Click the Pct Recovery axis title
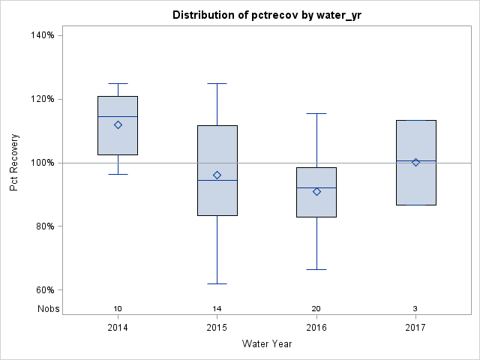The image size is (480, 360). tap(15, 163)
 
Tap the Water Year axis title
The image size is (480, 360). tap(267, 344)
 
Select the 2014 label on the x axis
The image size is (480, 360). tap(118, 328)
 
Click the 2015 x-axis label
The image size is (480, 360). tap(217, 328)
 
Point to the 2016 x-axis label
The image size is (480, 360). tap(316, 328)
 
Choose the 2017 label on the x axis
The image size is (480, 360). tap(415, 328)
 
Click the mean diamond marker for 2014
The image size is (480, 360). tap(118, 125)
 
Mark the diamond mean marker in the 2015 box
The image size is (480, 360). tap(217, 175)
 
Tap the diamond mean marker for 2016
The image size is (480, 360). tap(316, 192)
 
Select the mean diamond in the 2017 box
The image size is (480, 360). tap(415, 162)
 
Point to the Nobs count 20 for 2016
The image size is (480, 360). tap(316, 309)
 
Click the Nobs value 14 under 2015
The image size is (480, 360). tap(217, 309)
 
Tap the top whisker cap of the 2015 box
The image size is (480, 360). tap(217, 83)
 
